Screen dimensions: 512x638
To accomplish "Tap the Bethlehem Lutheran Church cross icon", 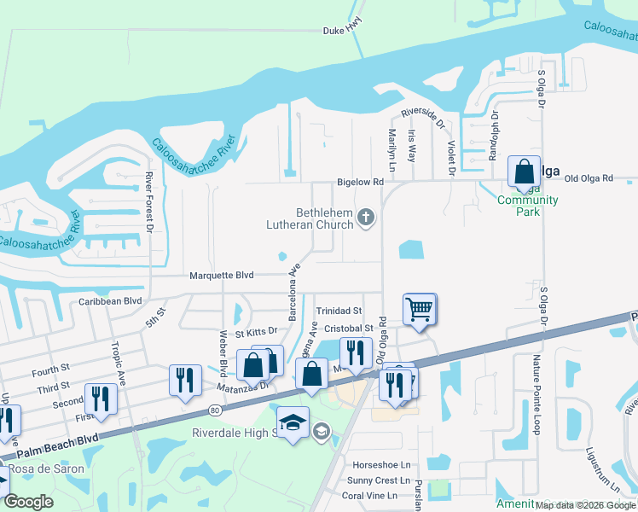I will click(x=366, y=218).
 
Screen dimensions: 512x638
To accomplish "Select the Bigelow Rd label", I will click(x=361, y=182).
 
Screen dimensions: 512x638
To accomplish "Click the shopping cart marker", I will click(x=419, y=308).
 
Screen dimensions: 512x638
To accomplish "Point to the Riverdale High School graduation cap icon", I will click(x=293, y=422).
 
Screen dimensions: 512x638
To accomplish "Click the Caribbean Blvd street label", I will click(x=110, y=301).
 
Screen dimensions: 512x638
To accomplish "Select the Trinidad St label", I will click(x=339, y=311).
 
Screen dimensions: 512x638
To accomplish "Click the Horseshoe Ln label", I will click(x=381, y=465).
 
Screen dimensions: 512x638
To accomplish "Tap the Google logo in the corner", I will click(x=28, y=502).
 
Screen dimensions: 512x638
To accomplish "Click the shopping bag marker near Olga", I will click(x=524, y=171).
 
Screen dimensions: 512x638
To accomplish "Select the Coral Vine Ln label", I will click(x=369, y=496).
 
